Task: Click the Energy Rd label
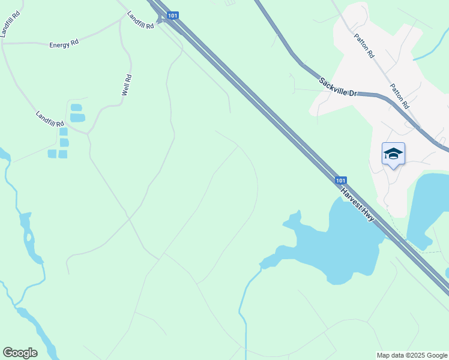tap(64, 45)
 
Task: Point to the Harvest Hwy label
tap(358, 205)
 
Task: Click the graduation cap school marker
tap(393, 154)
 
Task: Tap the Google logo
tap(20, 353)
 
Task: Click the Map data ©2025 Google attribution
tap(411, 355)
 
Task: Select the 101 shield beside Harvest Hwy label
tap(340, 180)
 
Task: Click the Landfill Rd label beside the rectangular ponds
tap(50, 119)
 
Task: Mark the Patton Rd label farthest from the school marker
tap(364, 46)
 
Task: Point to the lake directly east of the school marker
tap(427, 204)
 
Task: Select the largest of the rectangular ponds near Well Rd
tap(77, 118)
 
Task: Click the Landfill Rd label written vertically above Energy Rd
tap(10, 23)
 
